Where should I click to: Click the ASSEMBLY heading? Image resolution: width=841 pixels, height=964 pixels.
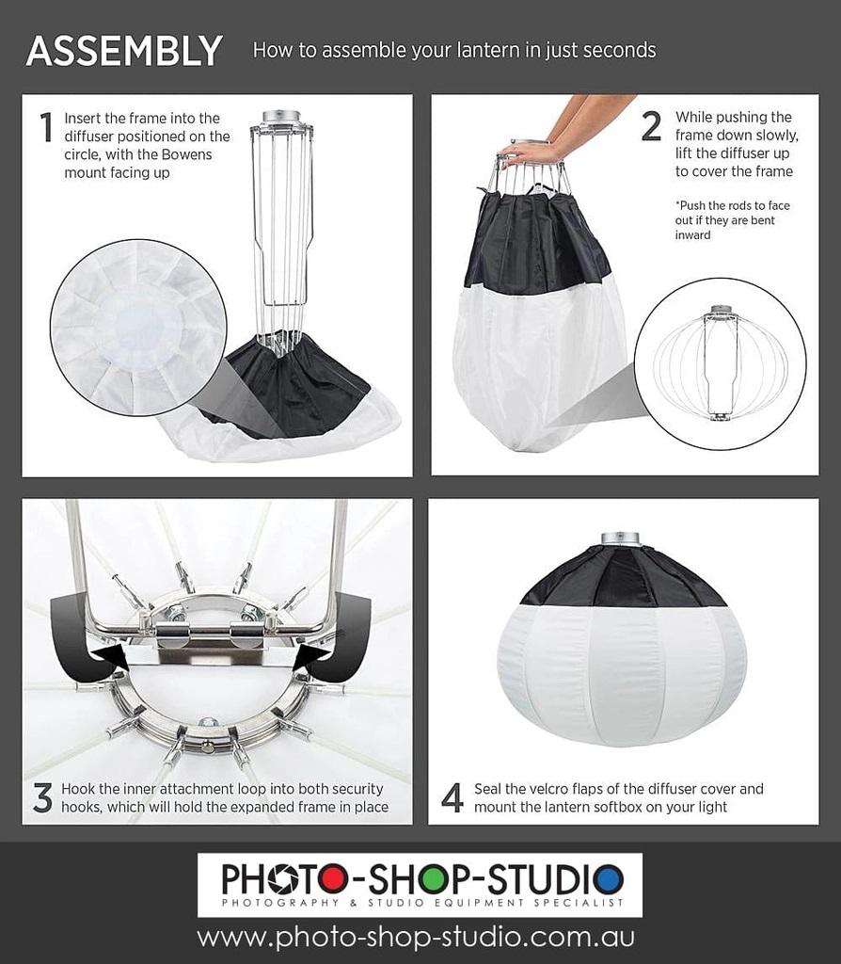(x=124, y=51)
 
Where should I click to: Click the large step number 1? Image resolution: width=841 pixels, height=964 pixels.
(x=46, y=127)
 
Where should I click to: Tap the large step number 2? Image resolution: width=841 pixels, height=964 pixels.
(x=651, y=126)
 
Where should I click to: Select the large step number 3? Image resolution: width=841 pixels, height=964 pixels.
(x=42, y=797)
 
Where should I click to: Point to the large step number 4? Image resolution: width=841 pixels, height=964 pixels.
(x=452, y=797)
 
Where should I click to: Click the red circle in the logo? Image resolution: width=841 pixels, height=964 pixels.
(x=332, y=879)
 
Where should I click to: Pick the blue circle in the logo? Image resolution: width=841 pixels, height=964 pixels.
(x=609, y=879)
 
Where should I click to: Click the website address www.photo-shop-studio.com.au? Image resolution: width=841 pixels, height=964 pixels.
(x=416, y=938)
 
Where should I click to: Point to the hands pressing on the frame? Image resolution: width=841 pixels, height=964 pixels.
(x=541, y=137)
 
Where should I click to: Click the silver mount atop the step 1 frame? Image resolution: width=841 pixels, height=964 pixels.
(x=281, y=117)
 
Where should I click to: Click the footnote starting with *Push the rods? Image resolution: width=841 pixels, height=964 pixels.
(x=732, y=220)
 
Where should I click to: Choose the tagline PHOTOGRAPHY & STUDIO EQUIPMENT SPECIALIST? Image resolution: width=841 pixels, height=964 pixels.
(x=422, y=903)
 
